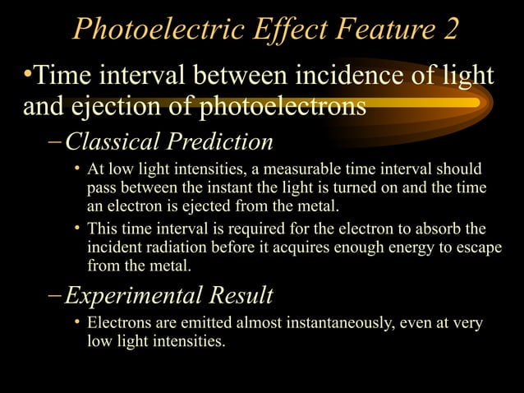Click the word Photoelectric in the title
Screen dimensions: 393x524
[145, 30]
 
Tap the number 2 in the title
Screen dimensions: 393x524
[448, 30]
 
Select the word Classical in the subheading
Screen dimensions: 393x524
[112, 142]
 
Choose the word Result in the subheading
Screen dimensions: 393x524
[244, 294]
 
